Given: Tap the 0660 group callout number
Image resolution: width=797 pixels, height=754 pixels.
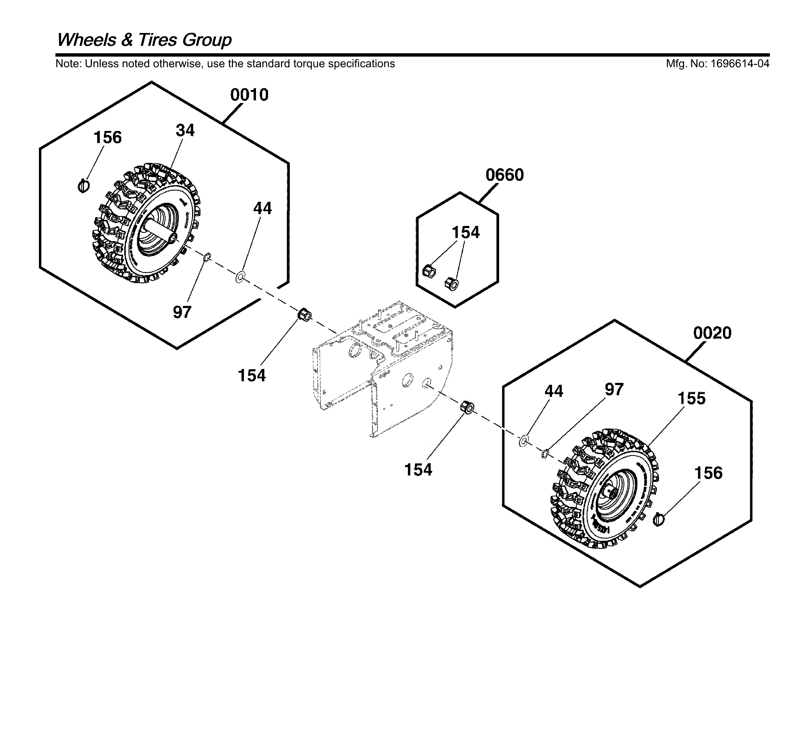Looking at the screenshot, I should (504, 175).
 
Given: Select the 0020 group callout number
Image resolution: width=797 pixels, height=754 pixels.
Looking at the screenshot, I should (712, 333).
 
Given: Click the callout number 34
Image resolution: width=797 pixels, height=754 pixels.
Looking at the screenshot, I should (185, 131).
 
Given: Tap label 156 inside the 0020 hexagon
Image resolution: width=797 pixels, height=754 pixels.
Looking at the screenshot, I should (708, 473).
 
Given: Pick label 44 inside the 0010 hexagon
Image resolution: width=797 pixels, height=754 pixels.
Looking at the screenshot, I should (262, 208).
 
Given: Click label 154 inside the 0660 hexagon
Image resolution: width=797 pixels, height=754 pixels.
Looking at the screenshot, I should (465, 233).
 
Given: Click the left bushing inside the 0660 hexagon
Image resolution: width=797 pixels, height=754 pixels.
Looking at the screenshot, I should (429, 271).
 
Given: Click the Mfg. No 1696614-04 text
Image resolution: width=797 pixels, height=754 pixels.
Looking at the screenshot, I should (717, 64).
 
